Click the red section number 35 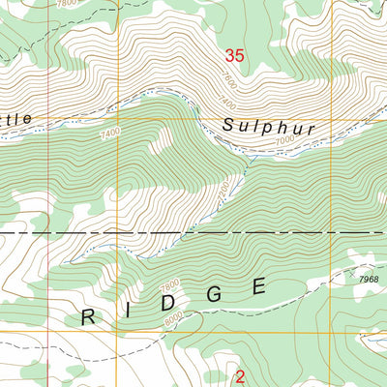click(x=233, y=56)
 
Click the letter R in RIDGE click(x=88, y=316)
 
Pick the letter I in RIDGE click(x=129, y=308)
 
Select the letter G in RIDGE click(x=215, y=292)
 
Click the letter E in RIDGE click(x=257, y=285)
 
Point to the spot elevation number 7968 click(x=367, y=280)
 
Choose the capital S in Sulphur click(x=229, y=125)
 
